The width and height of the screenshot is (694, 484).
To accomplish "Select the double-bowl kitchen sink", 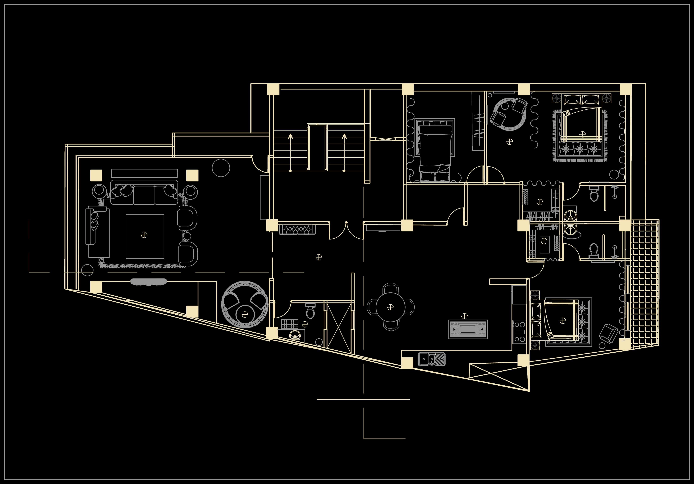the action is click(x=432, y=359).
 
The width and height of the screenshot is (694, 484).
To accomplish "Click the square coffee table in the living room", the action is click(x=145, y=236).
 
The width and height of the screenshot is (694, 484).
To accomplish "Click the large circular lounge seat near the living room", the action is click(x=245, y=304).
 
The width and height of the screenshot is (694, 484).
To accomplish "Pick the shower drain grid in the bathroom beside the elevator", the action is click(x=289, y=324).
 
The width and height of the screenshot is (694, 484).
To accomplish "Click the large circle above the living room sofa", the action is click(x=221, y=168).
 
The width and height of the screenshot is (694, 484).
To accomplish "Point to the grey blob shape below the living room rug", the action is click(x=148, y=282).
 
